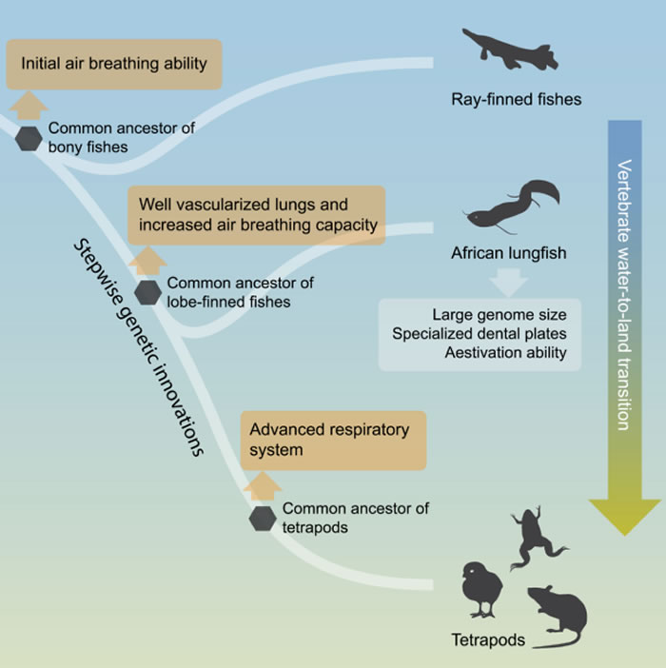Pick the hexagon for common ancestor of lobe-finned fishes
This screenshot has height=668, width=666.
[x=147, y=292]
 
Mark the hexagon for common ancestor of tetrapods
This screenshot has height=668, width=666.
[x=263, y=519]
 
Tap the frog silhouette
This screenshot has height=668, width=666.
[x=535, y=538]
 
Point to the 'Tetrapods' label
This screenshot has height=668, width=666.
[x=488, y=639]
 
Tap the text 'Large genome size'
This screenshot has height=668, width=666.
[x=499, y=314]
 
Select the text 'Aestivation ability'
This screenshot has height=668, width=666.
[x=505, y=353]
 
